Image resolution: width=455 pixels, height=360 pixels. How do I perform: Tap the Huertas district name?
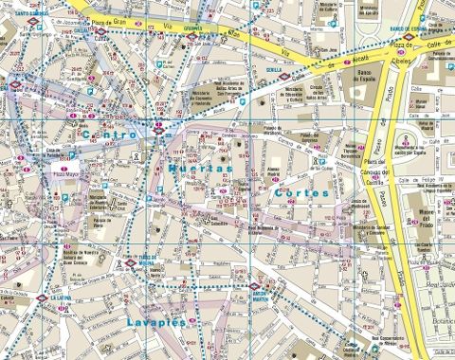198,167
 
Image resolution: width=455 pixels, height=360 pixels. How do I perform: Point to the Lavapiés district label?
155,323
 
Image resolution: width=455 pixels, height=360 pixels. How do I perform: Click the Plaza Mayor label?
64,174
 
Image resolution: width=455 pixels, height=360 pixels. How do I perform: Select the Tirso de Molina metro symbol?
130,262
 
